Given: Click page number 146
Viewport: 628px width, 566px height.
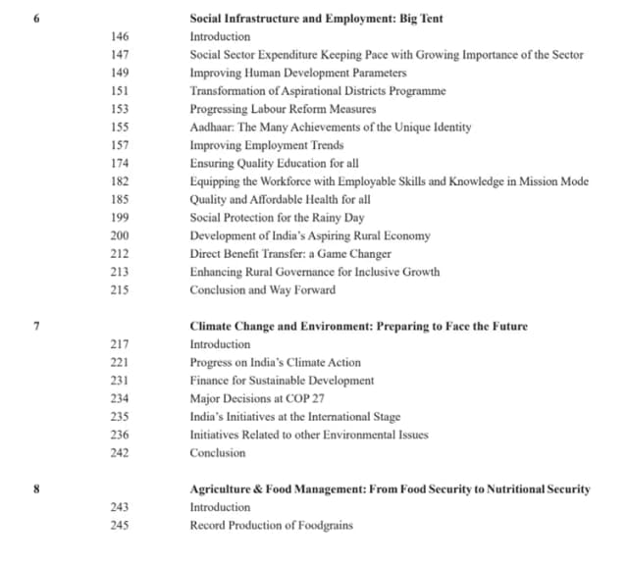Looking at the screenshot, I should (120, 36).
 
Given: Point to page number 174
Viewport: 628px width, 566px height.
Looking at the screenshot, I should (120, 163).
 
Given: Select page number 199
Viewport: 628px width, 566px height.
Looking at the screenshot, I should (120, 218).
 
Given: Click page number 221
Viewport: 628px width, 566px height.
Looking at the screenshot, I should (120, 363).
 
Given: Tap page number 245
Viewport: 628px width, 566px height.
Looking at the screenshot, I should (120, 526).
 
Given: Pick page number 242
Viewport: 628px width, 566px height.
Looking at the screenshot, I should (120, 453).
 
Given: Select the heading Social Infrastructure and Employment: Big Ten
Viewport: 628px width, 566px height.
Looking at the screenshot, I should (315, 18).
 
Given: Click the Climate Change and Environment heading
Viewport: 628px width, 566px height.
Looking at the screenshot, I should (358, 327).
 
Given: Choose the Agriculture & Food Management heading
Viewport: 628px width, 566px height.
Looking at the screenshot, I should (390, 489).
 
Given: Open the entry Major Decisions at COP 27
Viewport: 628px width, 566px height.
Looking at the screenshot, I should (257, 398).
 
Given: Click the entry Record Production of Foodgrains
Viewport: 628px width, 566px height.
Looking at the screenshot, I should (271, 526).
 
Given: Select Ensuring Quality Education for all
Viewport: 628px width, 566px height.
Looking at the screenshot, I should (274, 163).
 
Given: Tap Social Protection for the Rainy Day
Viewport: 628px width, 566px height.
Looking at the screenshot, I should (277, 218).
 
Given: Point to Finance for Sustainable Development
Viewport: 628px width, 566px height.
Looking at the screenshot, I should (282, 381).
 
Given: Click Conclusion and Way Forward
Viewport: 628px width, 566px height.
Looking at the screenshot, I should (262, 290).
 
